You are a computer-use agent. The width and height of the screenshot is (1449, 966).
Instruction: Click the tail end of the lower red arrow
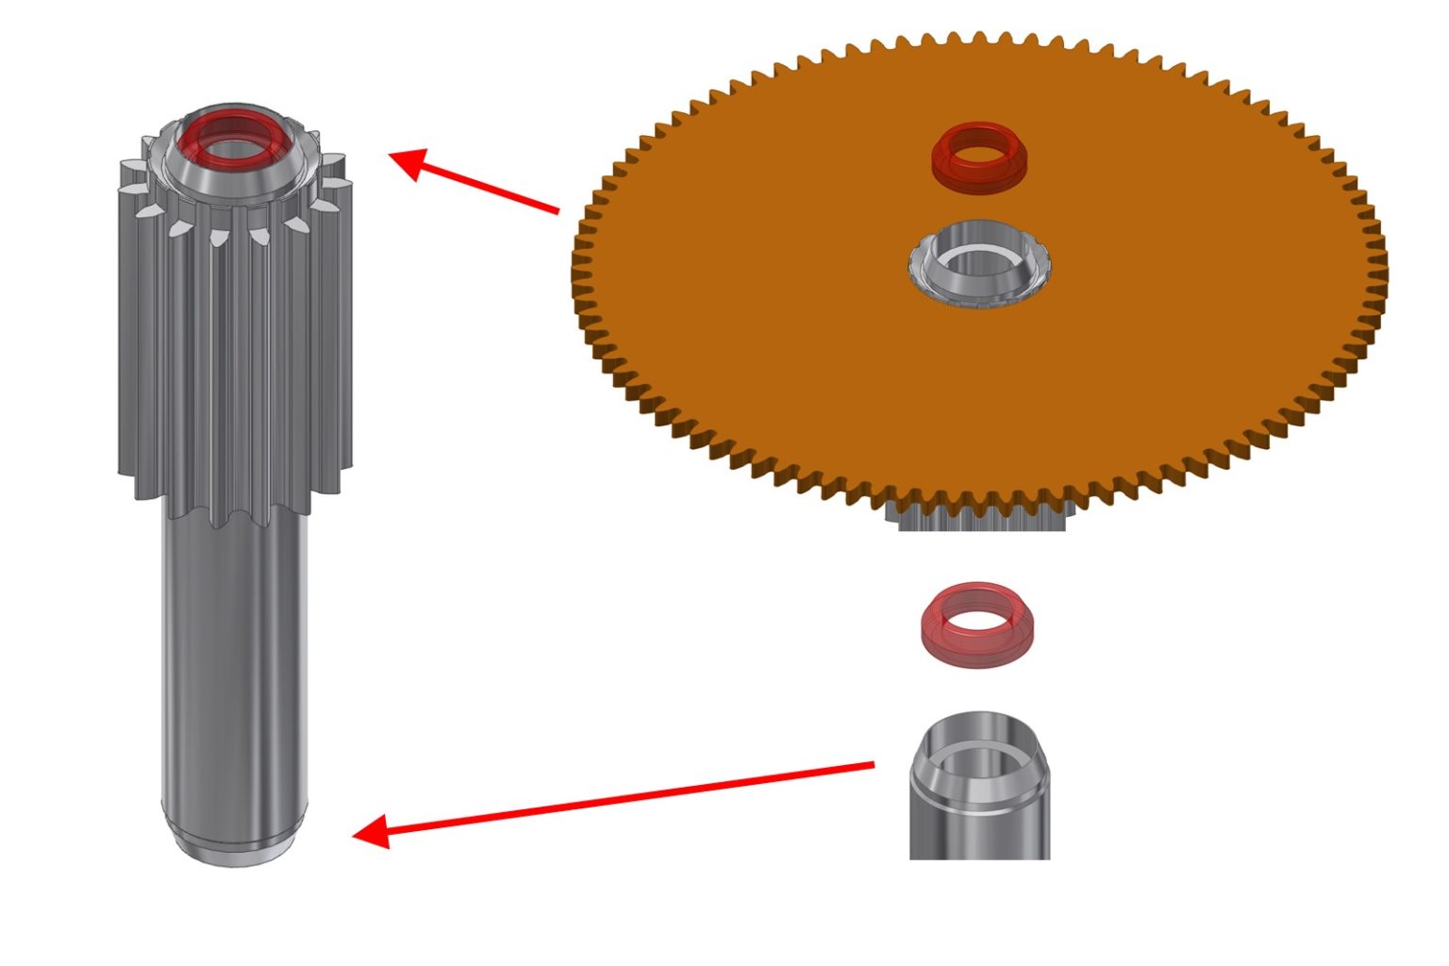coord(873,764)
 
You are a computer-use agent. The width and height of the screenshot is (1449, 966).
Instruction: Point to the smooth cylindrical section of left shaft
coord(234,660)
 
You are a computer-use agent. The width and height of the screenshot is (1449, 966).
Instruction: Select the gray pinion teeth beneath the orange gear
coord(981,520)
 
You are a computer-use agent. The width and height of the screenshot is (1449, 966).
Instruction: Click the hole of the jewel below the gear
coord(977,621)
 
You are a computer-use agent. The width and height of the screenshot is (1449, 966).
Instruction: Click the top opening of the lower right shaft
coord(979,744)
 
